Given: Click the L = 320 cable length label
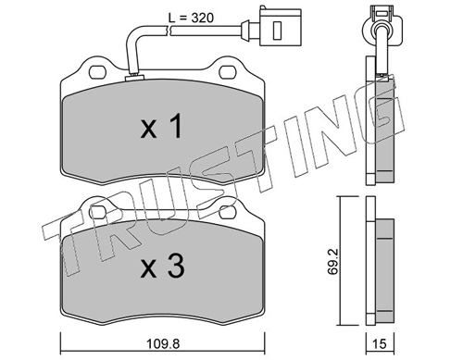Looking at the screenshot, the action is click(191, 18).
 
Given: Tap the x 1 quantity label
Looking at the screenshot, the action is click(161, 125).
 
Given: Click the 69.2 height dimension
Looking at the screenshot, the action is click(333, 262).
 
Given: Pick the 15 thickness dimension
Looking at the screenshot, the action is click(380, 343).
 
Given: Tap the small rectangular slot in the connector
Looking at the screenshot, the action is click(278, 31).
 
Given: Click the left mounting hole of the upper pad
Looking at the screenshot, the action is click(97, 72).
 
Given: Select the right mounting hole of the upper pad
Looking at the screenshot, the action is click(228, 72).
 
